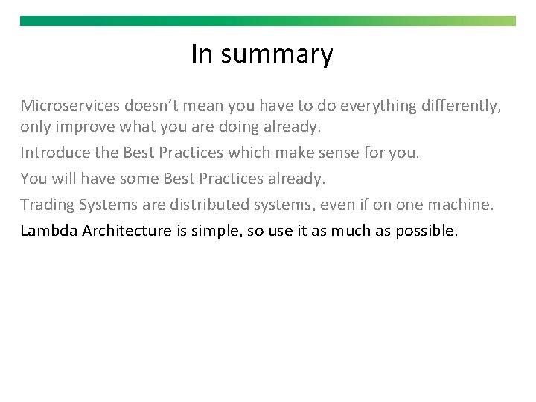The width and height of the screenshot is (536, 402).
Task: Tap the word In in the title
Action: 201,54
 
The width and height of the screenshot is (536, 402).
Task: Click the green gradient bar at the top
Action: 268,21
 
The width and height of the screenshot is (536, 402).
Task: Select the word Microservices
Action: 71,106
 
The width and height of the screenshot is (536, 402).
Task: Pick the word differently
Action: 461,106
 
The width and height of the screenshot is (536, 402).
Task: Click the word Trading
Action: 46,205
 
